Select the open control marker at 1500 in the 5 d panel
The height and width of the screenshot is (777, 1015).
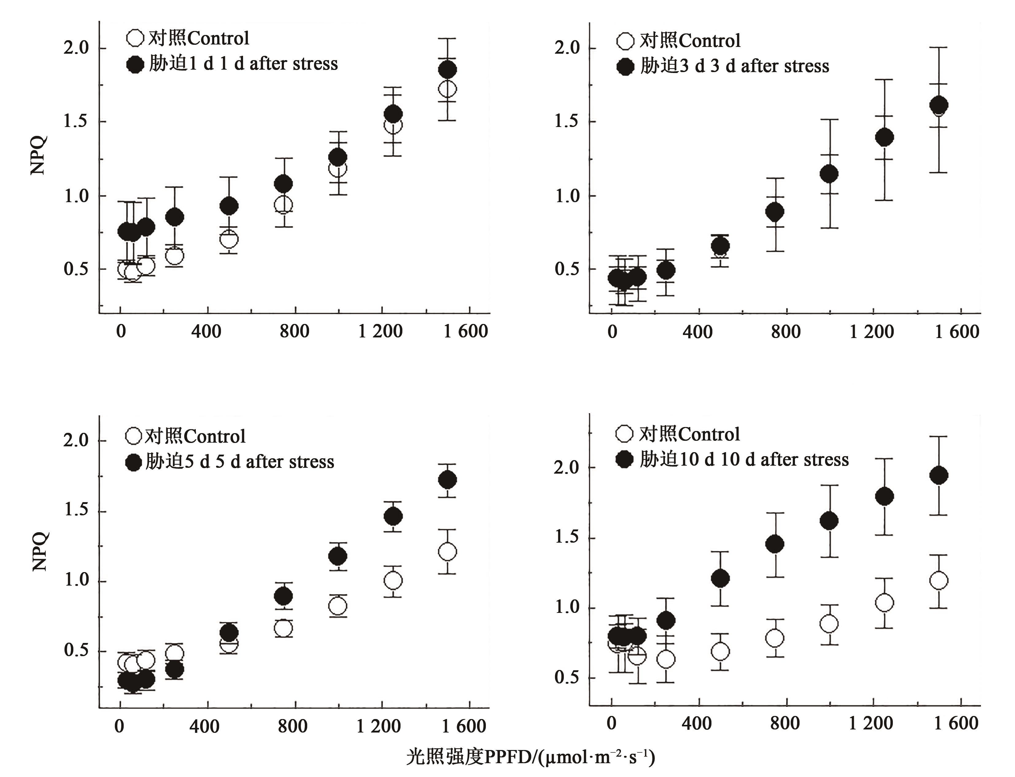click(x=447, y=551)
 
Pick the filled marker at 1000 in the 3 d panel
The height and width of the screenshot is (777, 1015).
click(x=829, y=174)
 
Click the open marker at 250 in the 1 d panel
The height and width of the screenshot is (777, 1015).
click(x=174, y=255)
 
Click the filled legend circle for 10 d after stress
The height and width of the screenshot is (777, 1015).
click(x=625, y=459)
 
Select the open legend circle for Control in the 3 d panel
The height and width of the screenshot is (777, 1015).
click(x=625, y=41)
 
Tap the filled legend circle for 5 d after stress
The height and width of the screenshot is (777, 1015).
click(x=134, y=462)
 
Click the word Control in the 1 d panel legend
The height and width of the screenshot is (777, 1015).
click(x=218, y=38)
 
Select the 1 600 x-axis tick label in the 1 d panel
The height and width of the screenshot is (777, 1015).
click(x=465, y=331)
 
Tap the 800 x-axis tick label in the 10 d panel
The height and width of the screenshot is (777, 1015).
click(x=785, y=723)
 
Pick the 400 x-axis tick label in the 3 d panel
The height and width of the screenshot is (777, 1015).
click(x=698, y=332)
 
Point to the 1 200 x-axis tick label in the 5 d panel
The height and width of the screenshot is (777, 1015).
click(x=378, y=726)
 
